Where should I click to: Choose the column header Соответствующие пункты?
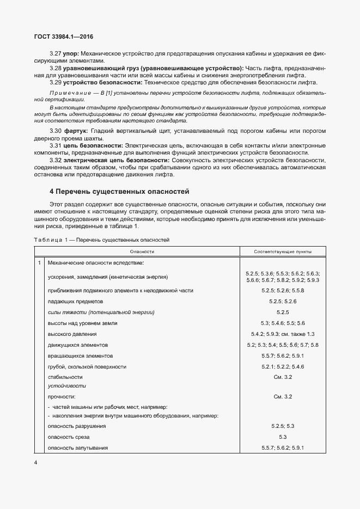click(283, 252)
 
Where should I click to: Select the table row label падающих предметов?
click(75, 301)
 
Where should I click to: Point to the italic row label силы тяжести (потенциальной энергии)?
click(101, 312)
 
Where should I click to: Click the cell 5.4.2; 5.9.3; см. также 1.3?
click(283, 334)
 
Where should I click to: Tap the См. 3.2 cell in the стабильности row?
click(283, 377)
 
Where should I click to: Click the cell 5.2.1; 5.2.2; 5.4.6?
click(283, 367)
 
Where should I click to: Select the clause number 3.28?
click(55, 68)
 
